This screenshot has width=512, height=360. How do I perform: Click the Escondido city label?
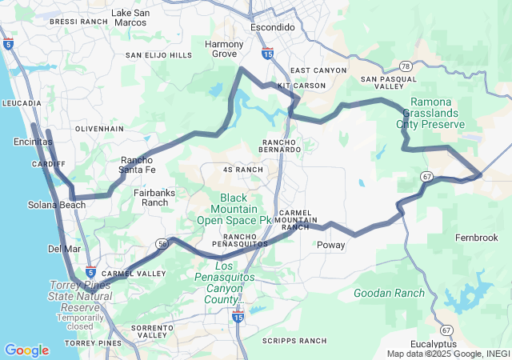coord(273,27)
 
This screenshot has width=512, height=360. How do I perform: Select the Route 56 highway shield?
coord(162,242)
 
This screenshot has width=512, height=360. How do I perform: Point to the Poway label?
coord(331,246)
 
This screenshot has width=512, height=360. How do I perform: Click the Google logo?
coord(26,350)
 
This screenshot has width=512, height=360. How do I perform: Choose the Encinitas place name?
coord(33,142)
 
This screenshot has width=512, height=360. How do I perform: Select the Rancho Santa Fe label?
coord(138,164)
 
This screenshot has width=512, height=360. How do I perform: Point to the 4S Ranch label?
coord(242,170)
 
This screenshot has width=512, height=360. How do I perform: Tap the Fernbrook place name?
coord(476,238)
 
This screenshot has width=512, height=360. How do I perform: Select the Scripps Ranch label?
coord(294,341)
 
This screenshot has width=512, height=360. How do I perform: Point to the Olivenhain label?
coord(99,128)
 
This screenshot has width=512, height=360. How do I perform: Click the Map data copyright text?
coord(448,354)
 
